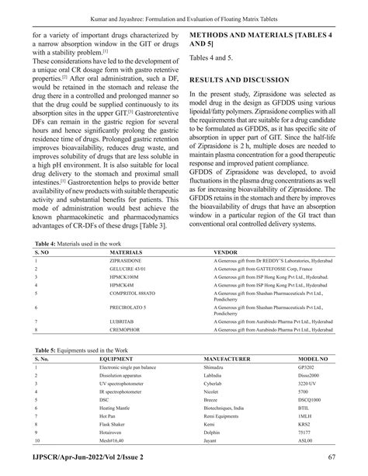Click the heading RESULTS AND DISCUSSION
click(245, 79)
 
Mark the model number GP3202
click(307, 368)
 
